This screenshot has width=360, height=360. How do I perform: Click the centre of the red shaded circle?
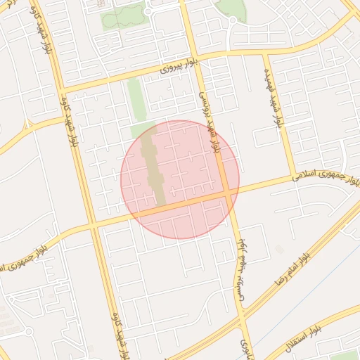click(x=180, y=179)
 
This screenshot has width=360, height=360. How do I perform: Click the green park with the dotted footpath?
click(x=123, y=15)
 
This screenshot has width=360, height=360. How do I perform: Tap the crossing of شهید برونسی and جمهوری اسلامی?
click(x=229, y=192)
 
